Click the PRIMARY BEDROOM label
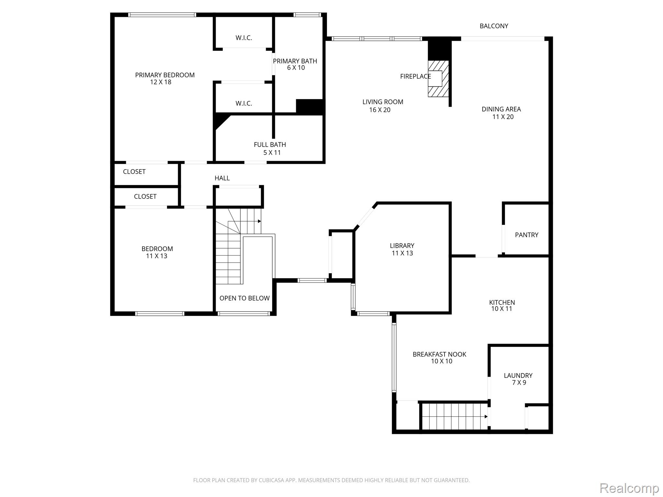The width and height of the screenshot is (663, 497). [x=165, y=75]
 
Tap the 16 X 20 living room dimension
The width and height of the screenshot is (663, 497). [x=380, y=110]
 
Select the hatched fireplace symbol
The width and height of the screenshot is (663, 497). [x=438, y=79]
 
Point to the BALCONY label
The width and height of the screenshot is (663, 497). [x=494, y=26]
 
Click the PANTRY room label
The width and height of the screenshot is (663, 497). [x=526, y=235]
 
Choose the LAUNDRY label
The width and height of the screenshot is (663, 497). [x=518, y=376]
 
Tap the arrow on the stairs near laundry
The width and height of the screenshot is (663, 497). [x=486, y=417]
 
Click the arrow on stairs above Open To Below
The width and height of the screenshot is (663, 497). [x=259, y=221]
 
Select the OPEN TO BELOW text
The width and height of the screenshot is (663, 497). [x=244, y=298]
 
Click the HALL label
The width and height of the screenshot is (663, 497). [x=222, y=178]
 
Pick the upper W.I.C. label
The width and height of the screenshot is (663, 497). [x=243, y=38]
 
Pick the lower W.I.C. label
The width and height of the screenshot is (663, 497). [x=243, y=104]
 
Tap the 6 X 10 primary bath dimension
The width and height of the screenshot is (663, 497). [x=296, y=68]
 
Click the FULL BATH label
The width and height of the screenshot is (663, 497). [x=270, y=145]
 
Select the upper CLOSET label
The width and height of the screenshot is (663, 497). [x=134, y=172]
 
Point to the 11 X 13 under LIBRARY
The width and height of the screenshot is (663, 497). [x=402, y=253]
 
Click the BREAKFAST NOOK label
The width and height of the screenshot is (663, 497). [x=439, y=354]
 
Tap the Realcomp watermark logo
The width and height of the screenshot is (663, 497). [x=629, y=488]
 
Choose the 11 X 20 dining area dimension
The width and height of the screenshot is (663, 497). [x=503, y=117]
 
